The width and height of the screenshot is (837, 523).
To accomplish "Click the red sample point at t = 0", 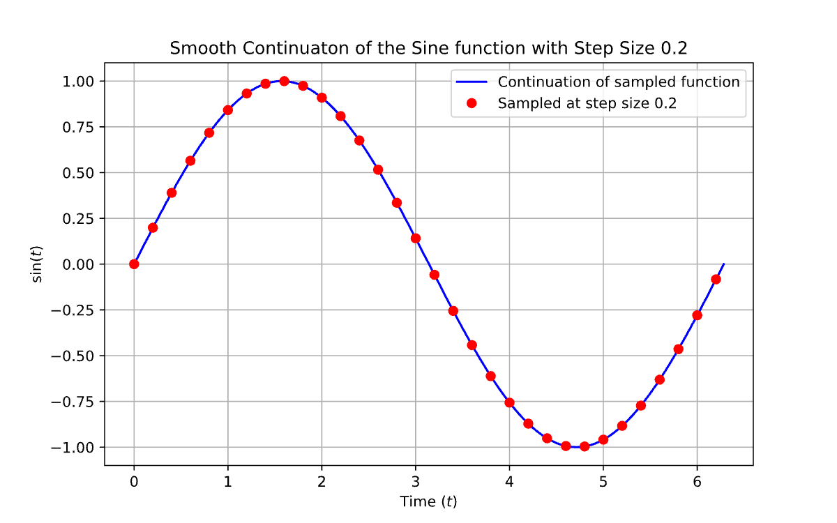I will click(134, 264).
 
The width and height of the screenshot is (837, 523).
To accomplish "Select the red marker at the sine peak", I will click(284, 81).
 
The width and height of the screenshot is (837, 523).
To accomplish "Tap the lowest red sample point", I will click(585, 446).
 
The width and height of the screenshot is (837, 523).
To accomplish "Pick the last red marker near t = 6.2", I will click(716, 279).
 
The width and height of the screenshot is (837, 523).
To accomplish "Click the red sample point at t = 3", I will click(416, 238).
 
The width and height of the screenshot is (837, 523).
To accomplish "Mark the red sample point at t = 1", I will click(228, 110).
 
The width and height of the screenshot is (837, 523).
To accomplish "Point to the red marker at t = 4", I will click(509, 402).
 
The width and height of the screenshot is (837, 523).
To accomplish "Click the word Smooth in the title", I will click(197, 49).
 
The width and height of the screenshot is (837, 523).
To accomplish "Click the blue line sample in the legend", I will click(472, 82).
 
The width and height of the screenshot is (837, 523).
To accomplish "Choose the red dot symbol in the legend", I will click(472, 103).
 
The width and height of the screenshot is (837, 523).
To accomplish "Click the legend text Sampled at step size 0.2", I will click(587, 103).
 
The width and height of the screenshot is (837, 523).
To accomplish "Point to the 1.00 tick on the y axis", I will click(77, 81).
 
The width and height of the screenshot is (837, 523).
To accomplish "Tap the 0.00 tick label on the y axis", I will click(77, 264).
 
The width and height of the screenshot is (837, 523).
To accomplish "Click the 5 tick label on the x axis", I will click(603, 482).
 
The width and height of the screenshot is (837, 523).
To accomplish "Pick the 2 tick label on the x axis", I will click(322, 482).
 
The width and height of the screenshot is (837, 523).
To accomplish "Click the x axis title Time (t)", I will click(428, 501).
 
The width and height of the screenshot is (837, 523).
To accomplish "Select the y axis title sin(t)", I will click(38, 264).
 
